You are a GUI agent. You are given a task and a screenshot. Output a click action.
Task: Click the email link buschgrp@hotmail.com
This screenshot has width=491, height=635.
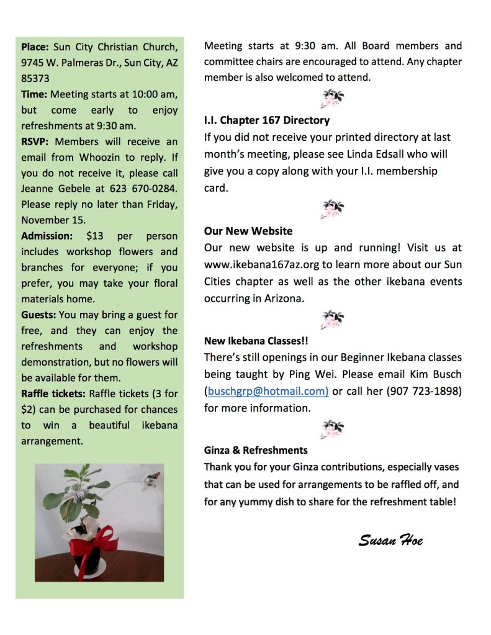tap(266, 391)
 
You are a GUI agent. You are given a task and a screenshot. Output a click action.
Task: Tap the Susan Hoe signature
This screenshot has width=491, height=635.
tap(390, 539)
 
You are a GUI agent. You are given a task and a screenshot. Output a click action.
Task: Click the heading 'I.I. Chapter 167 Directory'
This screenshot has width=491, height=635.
tap(267, 120)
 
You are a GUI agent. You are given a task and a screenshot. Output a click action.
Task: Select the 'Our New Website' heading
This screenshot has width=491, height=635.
tap(248, 231)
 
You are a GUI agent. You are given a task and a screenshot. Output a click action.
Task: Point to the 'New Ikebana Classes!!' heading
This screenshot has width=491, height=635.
tap(256, 341)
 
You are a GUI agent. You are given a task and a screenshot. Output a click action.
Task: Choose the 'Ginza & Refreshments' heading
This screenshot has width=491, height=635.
tap(256, 450)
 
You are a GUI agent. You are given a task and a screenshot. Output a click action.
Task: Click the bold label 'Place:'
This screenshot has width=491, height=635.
tap(35, 47)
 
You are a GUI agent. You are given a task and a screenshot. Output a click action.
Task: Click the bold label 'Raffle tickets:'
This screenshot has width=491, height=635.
tap(54, 394)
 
